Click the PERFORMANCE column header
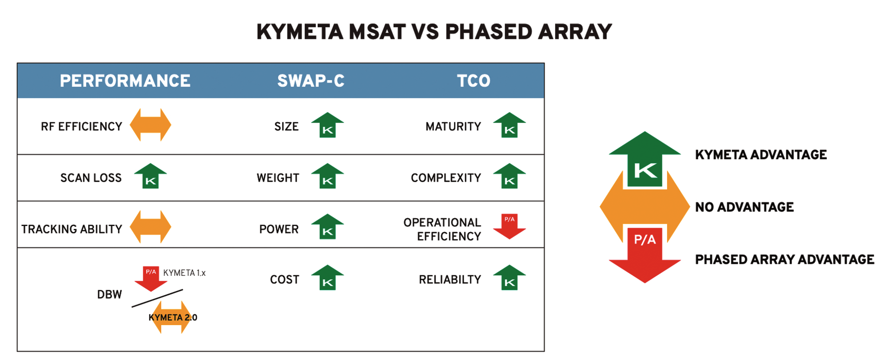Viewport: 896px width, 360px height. (x=125, y=81)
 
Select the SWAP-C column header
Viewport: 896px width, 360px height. (x=311, y=81)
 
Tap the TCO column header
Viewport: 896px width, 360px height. (x=473, y=81)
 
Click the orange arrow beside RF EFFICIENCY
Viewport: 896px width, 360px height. (x=150, y=125)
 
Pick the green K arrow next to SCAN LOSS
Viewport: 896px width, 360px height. (x=150, y=176)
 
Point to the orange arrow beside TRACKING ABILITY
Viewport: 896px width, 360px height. (x=150, y=227)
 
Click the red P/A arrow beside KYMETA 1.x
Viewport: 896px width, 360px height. (x=151, y=279)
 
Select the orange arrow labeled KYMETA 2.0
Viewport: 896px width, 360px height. (x=172, y=317)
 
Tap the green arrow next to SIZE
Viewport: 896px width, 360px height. (x=328, y=125)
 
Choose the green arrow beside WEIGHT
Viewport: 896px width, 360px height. (x=328, y=176)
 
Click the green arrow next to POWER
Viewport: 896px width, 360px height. (x=328, y=227)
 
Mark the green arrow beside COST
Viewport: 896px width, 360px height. (x=328, y=277)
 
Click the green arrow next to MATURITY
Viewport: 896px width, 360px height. (x=509, y=125)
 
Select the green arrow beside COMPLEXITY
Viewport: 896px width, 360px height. (x=509, y=176)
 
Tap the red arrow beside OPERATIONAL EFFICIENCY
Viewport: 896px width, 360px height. (x=509, y=227)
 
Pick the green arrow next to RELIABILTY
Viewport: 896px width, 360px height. (x=509, y=277)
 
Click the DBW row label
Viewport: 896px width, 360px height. (x=110, y=294)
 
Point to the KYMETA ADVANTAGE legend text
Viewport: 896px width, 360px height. (x=761, y=155)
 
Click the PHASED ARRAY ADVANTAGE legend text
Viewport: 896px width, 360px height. (x=784, y=259)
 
